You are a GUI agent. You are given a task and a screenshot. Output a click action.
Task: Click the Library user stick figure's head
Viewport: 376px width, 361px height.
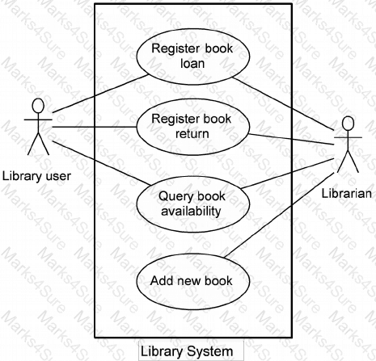(x=38, y=106)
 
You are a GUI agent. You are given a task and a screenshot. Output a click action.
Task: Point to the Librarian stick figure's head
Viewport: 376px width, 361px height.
(x=348, y=124)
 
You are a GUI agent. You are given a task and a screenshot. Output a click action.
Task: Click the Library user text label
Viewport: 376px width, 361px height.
(x=36, y=176)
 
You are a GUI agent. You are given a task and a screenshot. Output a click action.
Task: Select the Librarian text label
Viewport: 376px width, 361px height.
(x=347, y=194)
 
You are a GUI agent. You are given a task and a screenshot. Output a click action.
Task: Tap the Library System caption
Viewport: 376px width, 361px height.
(x=187, y=351)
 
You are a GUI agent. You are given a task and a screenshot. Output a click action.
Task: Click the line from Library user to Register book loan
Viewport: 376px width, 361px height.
(x=100, y=94)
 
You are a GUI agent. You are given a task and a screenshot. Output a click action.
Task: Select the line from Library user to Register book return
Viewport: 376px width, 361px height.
(x=95, y=127)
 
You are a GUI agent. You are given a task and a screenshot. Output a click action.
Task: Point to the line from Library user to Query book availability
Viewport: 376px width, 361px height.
(x=102, y=163)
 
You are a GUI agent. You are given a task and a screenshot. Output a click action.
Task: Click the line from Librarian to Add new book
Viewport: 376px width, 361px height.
(x=279, y=215)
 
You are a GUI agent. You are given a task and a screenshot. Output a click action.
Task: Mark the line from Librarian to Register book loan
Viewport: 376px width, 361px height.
(x=283, y=103)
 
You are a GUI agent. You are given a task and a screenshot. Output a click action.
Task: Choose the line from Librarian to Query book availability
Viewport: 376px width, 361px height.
(x=288, y=174)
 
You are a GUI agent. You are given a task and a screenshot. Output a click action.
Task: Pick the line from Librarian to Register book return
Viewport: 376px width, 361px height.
(x=291, y=139)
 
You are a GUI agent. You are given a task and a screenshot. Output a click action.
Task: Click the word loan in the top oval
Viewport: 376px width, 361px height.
(x=192, y=64)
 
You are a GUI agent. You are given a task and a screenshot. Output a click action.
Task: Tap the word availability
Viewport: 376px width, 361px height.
(x=191, y=211)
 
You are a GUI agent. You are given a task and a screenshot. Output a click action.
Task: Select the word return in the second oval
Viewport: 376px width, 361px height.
(x=192, y=134)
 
